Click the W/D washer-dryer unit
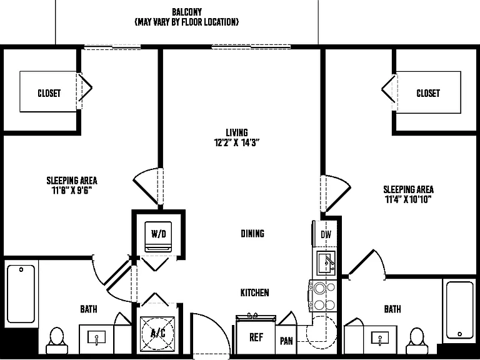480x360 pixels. [158, 236]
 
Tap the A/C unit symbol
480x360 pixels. [157, 333]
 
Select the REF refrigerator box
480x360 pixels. [256, 336]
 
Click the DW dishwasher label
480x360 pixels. [326, 235]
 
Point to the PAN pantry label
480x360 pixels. [286, 341]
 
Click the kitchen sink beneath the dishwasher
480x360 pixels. [326, 262]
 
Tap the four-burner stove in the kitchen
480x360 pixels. [324, 296]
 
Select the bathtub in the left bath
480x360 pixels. [21, 294]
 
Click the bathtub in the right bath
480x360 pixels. [459, 310]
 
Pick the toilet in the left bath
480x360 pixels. [57, 341]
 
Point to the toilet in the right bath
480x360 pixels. [417, 341]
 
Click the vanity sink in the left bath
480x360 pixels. [96, 337]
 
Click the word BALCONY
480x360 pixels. [187, 12]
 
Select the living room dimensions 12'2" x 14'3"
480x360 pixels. [237, 143]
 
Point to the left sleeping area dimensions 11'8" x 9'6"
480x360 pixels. [72, 191]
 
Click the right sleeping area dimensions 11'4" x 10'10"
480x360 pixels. [408, 199]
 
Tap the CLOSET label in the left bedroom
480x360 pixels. [49, 93]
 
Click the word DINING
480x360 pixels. [252, 234]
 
